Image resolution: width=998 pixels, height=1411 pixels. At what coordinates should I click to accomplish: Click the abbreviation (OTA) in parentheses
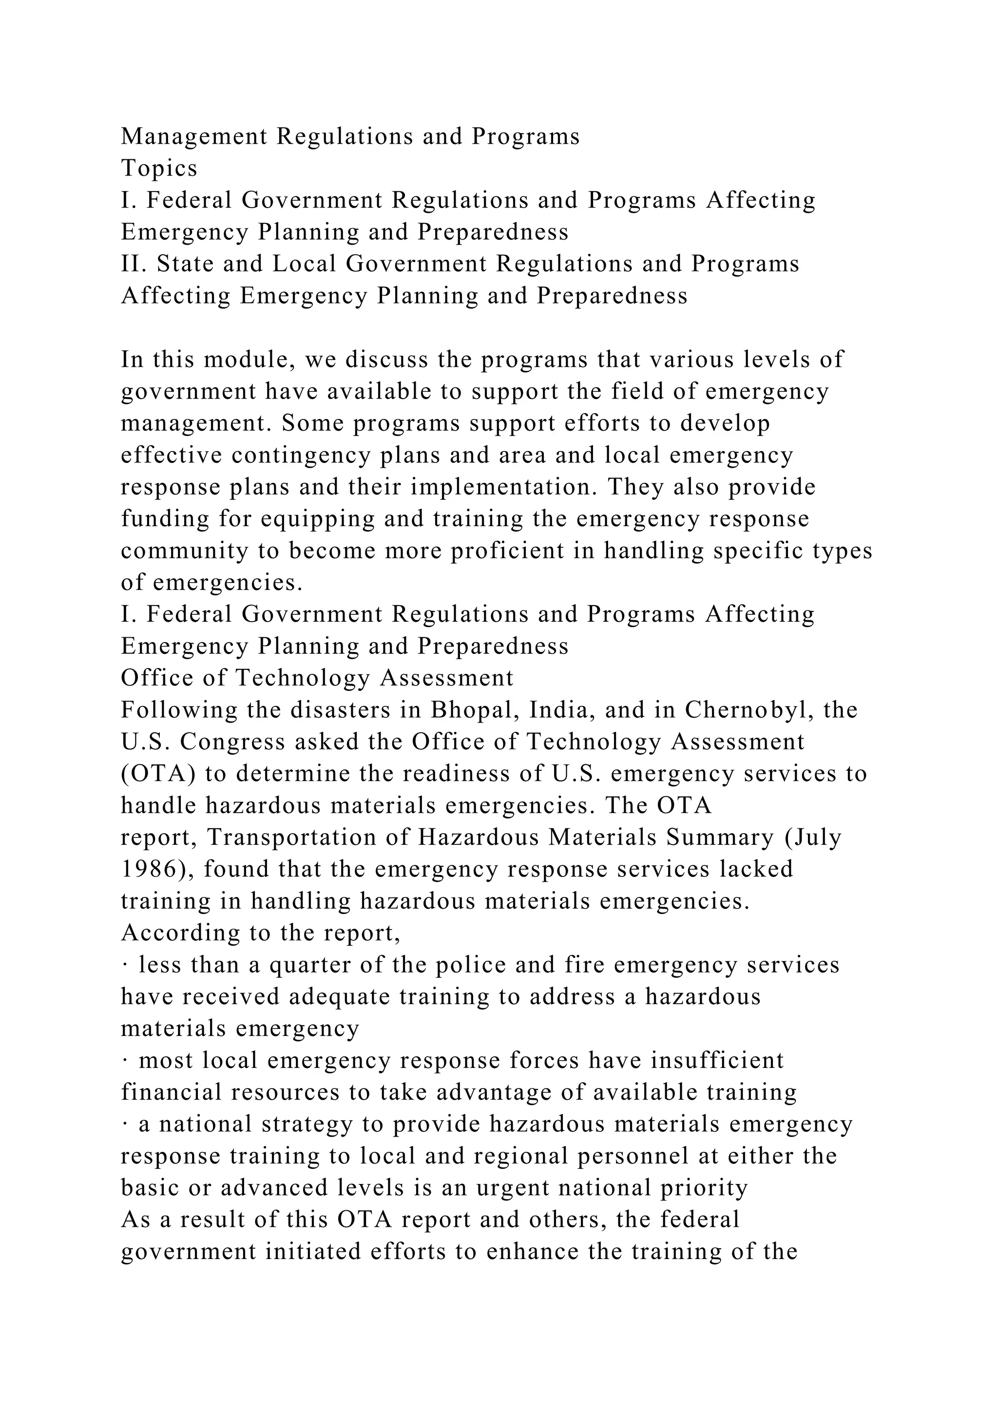coord(158,774)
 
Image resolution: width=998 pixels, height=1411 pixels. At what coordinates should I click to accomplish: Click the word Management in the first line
coord(194,136)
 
